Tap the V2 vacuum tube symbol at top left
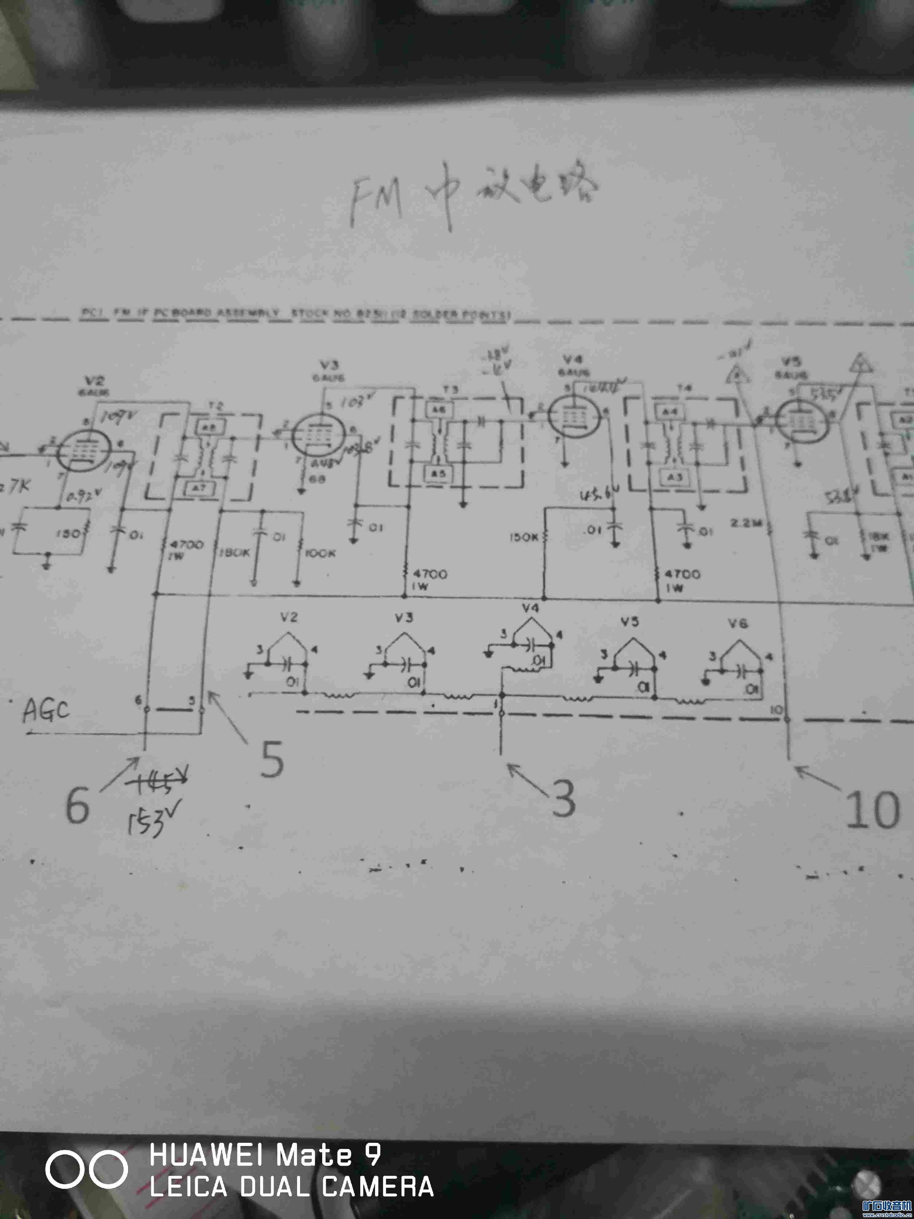coord(84,451)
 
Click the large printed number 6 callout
coord(77,805)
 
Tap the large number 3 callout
coord(563,799)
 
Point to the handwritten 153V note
coord(148,821)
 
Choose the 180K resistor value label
coord(235,552)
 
